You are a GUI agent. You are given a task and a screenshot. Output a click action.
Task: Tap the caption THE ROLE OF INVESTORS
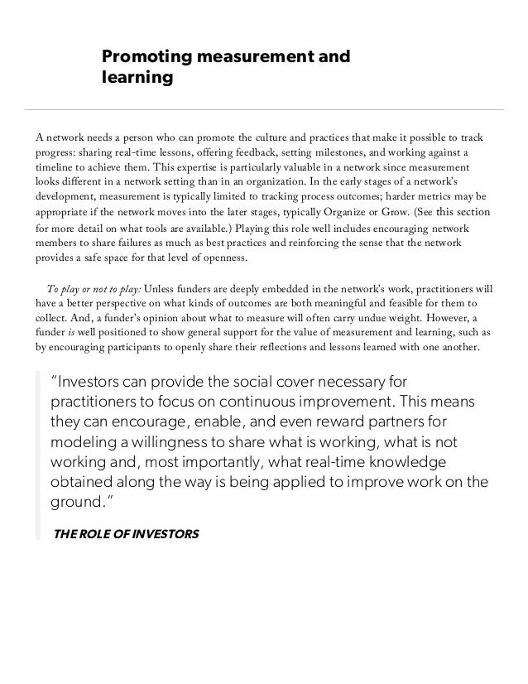click(x=126, y=533)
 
